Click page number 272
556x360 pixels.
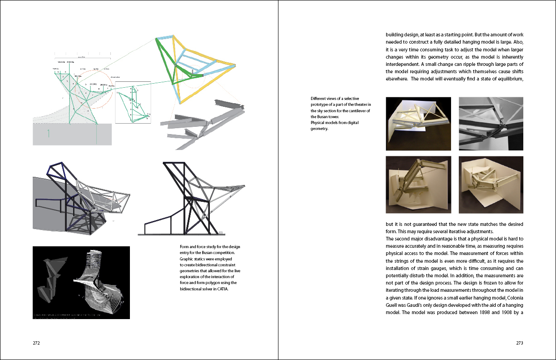pos(37,343)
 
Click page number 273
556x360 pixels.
pos(520,343)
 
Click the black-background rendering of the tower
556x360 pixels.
pos(81,282)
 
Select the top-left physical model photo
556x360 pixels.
pos(418,124)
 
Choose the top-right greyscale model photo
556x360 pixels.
pos(491,124)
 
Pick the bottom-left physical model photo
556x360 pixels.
pos(418,185)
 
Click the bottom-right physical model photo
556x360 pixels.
pos(491,185)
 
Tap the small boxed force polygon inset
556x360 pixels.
pos(133,103)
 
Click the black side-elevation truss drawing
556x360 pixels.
pos(193,198)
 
